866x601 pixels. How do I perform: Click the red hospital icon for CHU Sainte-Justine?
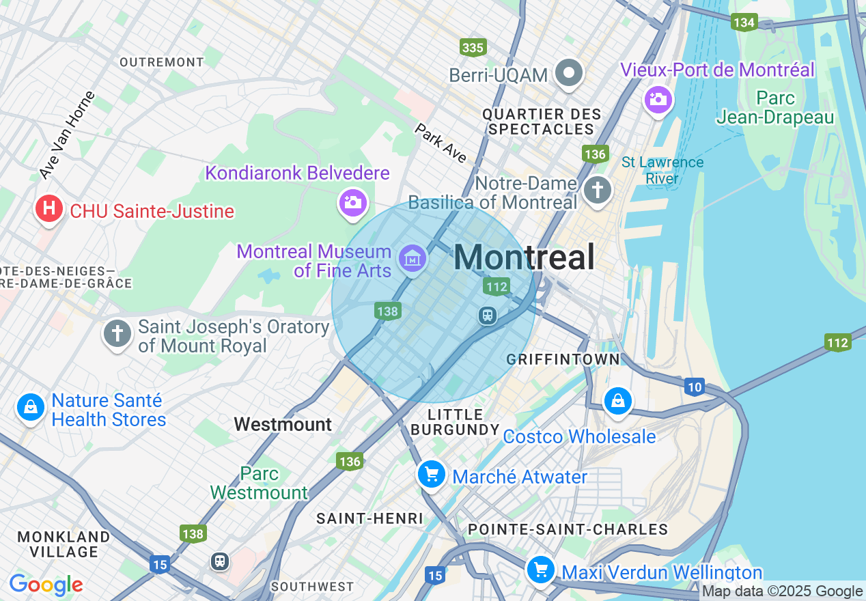48,208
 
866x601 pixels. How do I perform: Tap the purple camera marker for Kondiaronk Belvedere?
352,201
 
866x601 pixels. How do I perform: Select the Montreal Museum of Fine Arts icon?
413,258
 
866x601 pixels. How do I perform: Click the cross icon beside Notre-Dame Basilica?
598,189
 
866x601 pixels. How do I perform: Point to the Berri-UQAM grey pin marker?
568,72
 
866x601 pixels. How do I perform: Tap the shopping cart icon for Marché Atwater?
432,473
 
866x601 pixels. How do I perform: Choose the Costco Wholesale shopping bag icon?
617,400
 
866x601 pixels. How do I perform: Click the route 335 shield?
473,47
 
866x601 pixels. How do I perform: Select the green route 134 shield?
744,23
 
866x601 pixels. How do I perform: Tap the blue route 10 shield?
695,387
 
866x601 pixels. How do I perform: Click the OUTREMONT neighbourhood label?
162,62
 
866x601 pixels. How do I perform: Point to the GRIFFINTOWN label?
563,359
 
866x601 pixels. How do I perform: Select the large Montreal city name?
524,257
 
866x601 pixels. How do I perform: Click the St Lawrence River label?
662,170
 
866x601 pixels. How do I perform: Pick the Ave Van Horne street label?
67,135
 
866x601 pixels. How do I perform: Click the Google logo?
46,585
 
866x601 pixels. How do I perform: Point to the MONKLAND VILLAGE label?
64,544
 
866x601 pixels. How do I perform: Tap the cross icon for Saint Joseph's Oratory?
117,334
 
